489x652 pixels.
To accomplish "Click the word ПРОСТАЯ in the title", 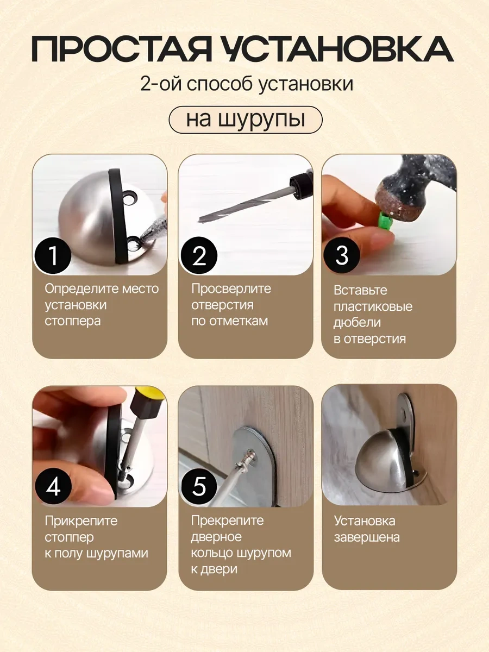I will (121, 50).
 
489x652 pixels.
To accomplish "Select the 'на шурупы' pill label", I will (245, 120).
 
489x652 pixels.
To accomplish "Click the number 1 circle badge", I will (53, 255).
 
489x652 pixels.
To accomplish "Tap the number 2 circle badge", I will (199, 255).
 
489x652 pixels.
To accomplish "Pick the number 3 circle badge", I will (342, 255).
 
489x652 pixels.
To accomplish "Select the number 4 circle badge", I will (53, 487).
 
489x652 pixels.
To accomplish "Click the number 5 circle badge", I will (199, 487).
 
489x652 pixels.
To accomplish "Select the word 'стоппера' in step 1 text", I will (73, 321).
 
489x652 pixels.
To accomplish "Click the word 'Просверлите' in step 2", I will (231, 289).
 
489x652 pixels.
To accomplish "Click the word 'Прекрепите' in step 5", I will (227, 521).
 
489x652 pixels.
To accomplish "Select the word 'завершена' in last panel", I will (367, 537).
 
